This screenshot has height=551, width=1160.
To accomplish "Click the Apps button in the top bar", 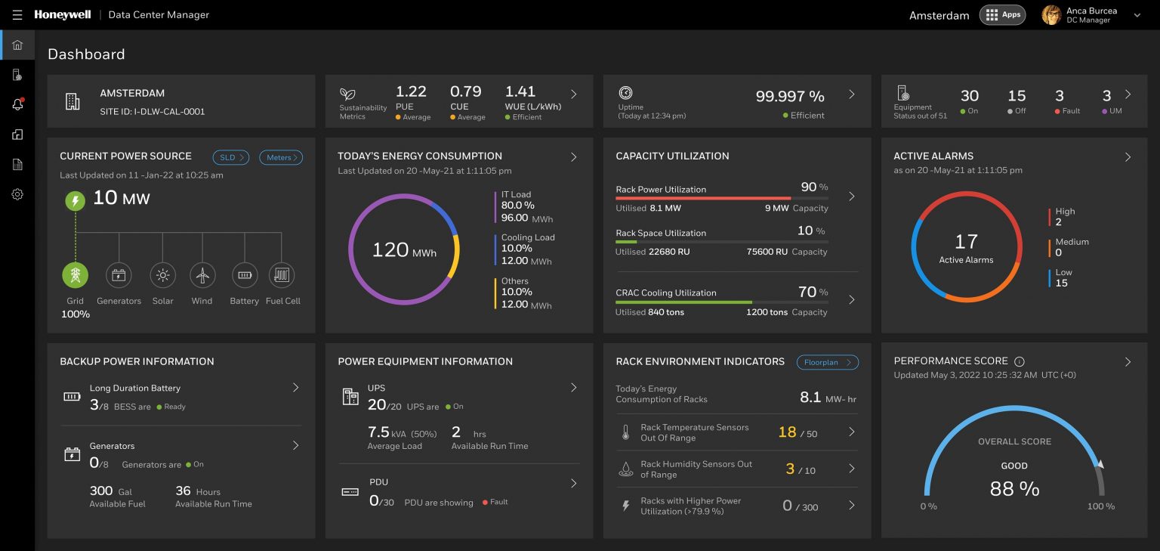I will [1002, 15].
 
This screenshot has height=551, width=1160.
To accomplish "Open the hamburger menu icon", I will [17, 15].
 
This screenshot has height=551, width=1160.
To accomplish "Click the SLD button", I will [230, 157].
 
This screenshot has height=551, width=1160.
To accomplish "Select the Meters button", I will [281, 157].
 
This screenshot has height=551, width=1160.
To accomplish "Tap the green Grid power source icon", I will [75, 275].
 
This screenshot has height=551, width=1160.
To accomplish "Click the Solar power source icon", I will [162, 275].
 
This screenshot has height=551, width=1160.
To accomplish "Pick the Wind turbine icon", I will [202, 275].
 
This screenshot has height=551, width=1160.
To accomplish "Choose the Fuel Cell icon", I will [282, 275].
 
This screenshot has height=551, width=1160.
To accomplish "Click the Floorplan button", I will [827, 362].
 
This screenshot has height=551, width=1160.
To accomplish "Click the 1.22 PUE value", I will [411, 91].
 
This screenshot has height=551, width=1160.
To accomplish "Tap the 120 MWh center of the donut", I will [403, 250].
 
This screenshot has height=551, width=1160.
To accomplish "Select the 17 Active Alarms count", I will [966, 242].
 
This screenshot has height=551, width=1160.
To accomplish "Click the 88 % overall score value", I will [1014, 489].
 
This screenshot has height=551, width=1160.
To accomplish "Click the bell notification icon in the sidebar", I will [17, 105].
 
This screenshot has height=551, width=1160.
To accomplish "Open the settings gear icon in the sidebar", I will [17, 194].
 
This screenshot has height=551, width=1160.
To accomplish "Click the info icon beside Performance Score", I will [1019, 362].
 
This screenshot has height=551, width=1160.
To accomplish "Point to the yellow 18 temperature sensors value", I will [787, 432].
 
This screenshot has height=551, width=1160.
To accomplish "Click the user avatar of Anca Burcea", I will [1051, 15].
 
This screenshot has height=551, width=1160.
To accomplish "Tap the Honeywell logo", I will [63, 15].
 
